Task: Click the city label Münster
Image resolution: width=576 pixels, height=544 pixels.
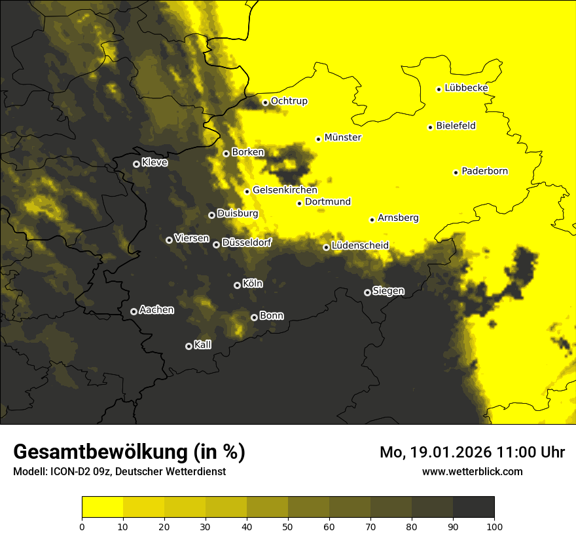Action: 342,138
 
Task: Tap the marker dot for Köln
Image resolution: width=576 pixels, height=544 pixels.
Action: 237,285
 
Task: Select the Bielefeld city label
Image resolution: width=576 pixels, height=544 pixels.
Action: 456,126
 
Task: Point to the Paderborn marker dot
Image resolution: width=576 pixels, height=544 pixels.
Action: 456,172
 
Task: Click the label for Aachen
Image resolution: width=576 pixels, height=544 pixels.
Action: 156,310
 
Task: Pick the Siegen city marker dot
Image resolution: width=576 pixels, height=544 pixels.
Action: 367,292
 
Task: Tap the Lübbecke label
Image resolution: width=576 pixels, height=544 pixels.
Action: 466,88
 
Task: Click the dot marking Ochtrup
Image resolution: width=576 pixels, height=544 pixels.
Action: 265,102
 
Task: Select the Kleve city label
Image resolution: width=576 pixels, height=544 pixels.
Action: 154,163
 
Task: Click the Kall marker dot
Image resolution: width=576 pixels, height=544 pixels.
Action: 189,346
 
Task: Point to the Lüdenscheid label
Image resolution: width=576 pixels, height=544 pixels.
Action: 360,246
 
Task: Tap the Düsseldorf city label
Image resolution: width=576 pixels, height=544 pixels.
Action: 247,243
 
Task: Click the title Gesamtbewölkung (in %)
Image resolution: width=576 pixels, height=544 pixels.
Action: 129,452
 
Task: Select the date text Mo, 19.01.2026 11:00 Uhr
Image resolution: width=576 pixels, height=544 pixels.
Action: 472,452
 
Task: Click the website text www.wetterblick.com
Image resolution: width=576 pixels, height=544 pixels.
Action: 472,471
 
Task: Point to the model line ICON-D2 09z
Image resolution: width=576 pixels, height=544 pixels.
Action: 119,472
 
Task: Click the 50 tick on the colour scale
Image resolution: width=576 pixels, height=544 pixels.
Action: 288,526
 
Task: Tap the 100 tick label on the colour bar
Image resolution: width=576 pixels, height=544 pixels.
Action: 494,526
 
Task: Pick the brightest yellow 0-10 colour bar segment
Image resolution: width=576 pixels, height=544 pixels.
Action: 102,507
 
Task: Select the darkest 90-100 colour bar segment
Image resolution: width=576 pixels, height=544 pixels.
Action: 473,507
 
